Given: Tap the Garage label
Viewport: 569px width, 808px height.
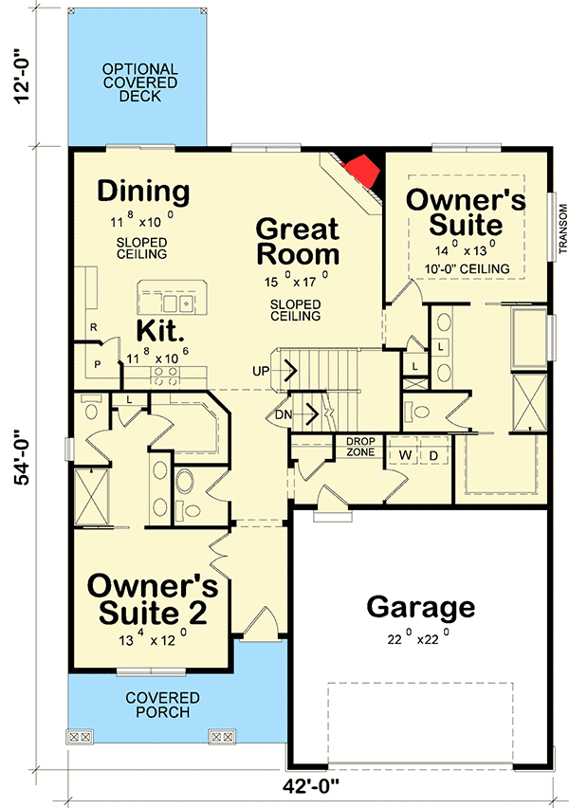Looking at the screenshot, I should coord(420,607).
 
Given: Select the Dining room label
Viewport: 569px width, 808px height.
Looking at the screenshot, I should coord(144,191).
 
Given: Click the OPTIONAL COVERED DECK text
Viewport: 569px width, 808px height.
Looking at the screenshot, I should coord(139,83).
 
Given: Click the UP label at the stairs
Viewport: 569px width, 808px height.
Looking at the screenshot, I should coord(261,370).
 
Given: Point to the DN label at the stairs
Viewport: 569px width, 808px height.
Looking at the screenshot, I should coord(283,413).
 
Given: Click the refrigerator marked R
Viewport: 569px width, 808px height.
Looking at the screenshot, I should coord(93,327).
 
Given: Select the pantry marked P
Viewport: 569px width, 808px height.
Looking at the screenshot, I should coord(97,363).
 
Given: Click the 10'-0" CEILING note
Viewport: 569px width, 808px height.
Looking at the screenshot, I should coord(467,269).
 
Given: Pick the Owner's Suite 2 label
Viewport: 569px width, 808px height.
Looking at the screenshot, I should coord(152,597).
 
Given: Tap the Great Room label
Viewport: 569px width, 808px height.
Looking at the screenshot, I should coord(298,241).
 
